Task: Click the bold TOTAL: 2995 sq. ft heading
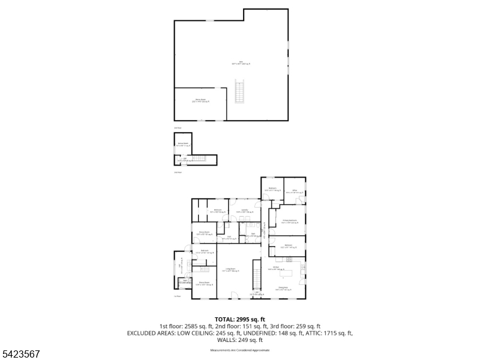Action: tap(240, 319)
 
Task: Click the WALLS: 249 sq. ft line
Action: tap(240, 340)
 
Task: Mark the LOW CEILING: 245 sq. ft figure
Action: tap(193, 333)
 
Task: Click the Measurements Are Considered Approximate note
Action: tap(240, 350)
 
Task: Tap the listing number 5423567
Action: tap(22, 354)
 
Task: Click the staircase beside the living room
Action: tap(257, 274)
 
